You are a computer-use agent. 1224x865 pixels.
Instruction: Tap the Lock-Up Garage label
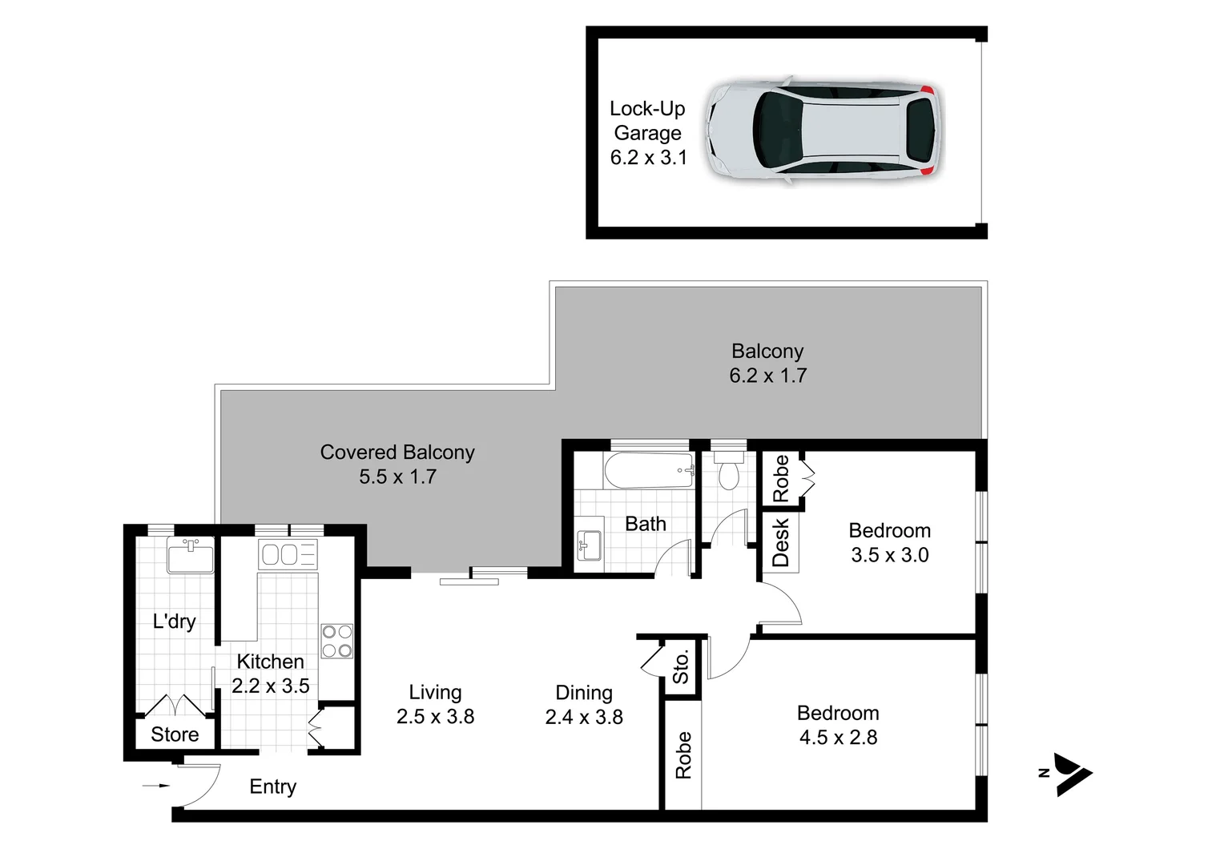647,121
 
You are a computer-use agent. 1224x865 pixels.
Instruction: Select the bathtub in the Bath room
649,471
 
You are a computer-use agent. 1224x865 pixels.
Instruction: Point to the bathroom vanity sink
590,546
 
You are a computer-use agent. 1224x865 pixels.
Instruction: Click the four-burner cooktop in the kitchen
336,641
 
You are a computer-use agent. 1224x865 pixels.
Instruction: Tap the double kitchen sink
288,554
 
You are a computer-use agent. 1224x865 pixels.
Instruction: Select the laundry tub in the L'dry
190,556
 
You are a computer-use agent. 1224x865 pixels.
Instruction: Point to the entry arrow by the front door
156,786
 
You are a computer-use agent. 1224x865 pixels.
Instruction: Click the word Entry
272,787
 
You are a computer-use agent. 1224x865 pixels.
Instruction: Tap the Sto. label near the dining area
680,666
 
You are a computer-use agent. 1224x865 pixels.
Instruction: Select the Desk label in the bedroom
780,542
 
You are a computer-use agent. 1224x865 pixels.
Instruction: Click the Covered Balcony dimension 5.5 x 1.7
397,477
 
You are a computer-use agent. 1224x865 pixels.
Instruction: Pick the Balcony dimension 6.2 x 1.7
767,376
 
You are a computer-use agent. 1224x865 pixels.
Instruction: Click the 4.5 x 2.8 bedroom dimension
838,738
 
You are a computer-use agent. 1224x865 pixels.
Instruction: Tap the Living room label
435,692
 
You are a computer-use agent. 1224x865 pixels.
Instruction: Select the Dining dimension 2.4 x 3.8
584,717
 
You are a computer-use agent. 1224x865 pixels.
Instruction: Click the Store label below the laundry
175,734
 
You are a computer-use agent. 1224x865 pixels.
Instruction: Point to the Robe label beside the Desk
780,479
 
